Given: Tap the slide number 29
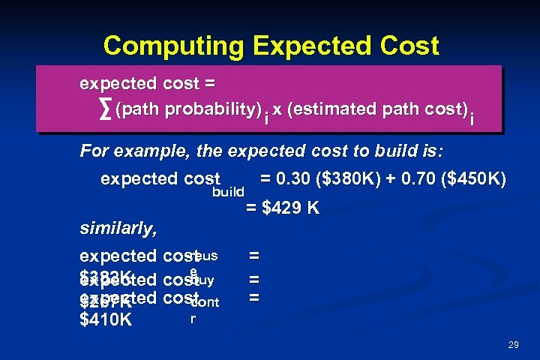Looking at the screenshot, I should click(513, 345).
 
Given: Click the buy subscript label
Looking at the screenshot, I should click(204, 280).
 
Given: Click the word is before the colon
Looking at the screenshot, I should click(431, 152).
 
